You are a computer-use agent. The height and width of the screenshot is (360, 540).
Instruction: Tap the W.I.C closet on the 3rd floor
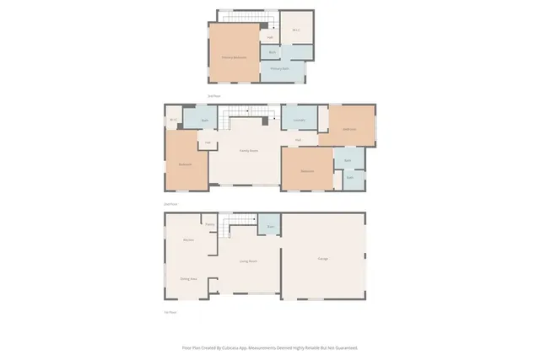pyautogui.click(x=296, y=31)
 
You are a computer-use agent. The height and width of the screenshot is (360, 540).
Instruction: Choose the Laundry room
pyautogui.click(x=299, y=121)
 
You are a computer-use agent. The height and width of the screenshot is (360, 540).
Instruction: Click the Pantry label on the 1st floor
pyautogui.click(x=209, y=223)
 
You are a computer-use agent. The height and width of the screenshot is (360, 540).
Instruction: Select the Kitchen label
pyautogui.click(x=190, y=240)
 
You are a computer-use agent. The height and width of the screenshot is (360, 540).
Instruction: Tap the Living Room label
pyautogui.click(x=246, y=261)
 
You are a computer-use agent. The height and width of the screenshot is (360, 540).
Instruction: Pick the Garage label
pyautogui.click(x=323, y=258)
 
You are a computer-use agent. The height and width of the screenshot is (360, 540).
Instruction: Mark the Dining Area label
pyautogui.click(x=188, y=278)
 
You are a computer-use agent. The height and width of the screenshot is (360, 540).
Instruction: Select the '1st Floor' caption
pyautogui.click(x=170, y=312)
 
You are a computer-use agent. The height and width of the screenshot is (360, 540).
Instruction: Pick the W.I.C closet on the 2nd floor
pyautogui.click(x=172, y=120)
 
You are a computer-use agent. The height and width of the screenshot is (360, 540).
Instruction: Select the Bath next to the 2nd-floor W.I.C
pyautogui.click(x=204, y=121)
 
